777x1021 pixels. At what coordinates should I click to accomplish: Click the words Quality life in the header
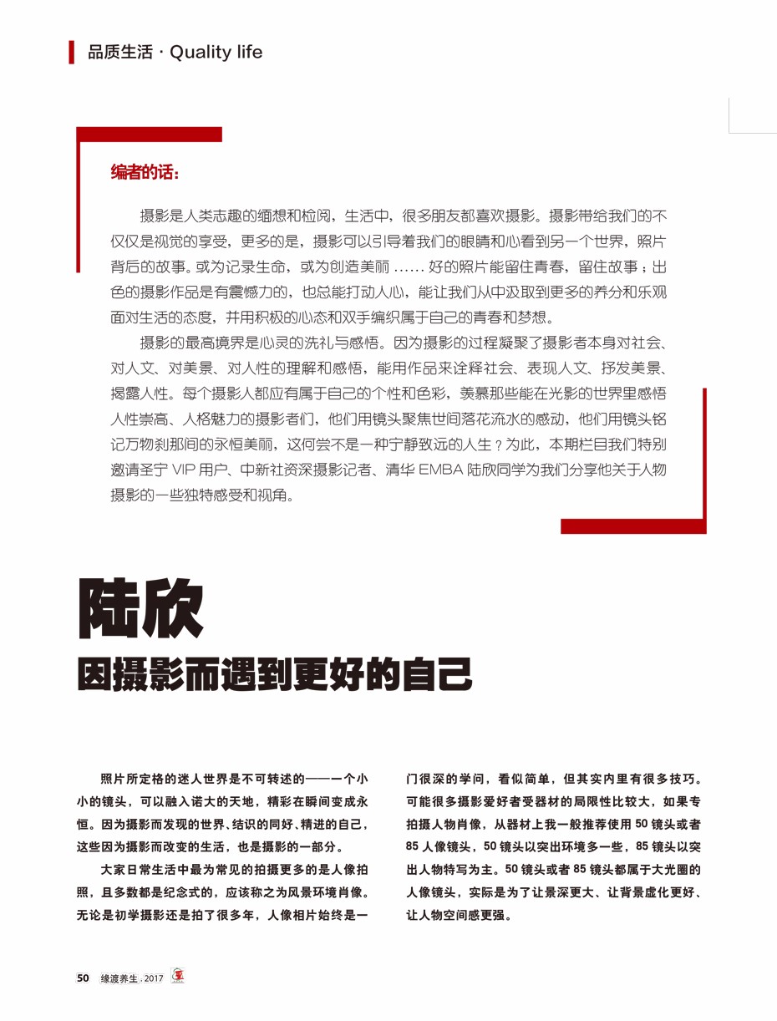pyautogui.click(x=216, y=53)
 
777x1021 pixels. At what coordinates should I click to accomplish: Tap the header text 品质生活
pyautogui.click(x=120, y=53)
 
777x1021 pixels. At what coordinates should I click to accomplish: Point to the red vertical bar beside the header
pyautogui.click(x=72, y=52)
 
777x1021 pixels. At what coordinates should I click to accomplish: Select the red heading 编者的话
pyautogui.click(x=144, y=173)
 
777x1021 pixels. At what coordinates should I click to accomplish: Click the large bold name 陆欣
pyautogui.click(x=140, y=607)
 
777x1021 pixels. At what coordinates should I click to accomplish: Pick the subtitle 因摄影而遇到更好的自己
pyautogui.click(x=275, y=674)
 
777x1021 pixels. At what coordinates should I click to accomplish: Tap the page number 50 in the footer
pyautogui.click(x=83, y=978)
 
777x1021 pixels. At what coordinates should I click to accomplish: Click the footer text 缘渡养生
pyautogui.click(x=119, y=978)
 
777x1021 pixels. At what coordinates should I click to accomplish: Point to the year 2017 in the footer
pyautogui.click(x=154, y=978)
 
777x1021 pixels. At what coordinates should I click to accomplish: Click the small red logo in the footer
pyautogui.click(x=177, y=976)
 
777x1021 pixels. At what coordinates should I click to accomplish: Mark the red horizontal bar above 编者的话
pyautogui.click(x=150, y=134)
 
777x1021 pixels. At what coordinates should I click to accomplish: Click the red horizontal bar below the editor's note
pyautogui.click(x=632, y=526)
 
